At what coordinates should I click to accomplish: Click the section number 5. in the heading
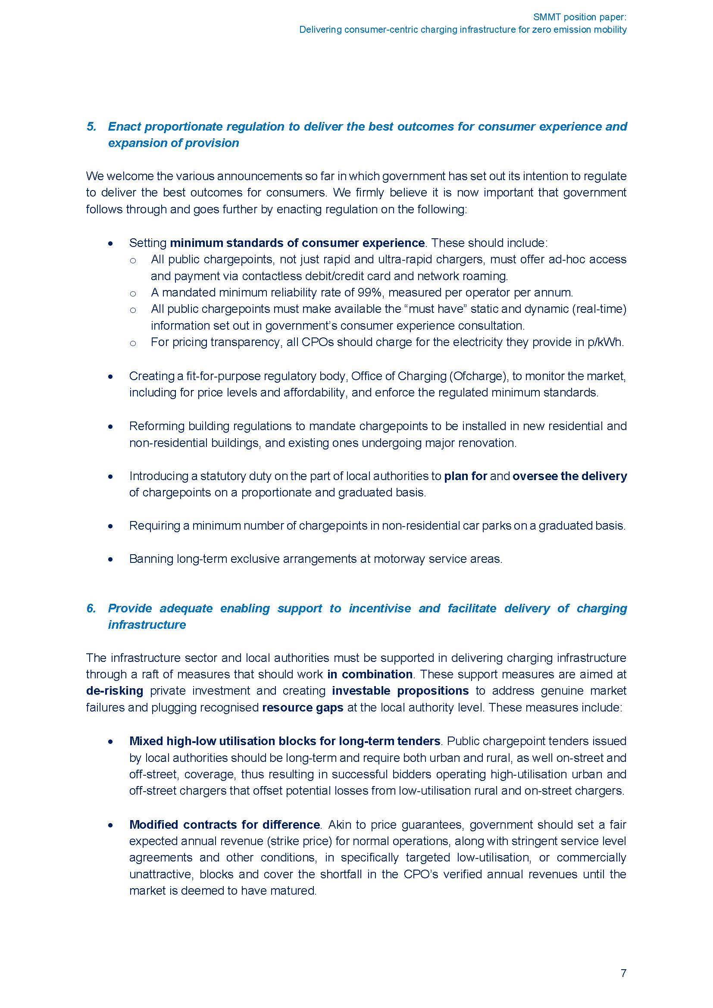click(x=91, y=126)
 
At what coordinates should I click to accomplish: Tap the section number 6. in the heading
click(x=91, y=608)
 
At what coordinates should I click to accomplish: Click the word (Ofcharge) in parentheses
click(x=479, y=376)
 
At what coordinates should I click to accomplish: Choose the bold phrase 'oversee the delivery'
click(x=569, y=476)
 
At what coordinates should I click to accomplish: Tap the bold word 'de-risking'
click(x=115, y=690)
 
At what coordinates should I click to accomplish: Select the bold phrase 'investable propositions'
click(x=400, y=690)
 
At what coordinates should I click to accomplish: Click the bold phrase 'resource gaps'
click(x=303, y=707)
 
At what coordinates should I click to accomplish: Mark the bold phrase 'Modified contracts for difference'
click(x=224, y=824)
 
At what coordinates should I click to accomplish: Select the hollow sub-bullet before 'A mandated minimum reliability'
click(x=133, y=293)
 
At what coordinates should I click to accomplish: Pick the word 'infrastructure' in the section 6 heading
click(x=147, y=625)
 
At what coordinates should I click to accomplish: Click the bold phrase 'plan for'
click(x=466, y=476)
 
